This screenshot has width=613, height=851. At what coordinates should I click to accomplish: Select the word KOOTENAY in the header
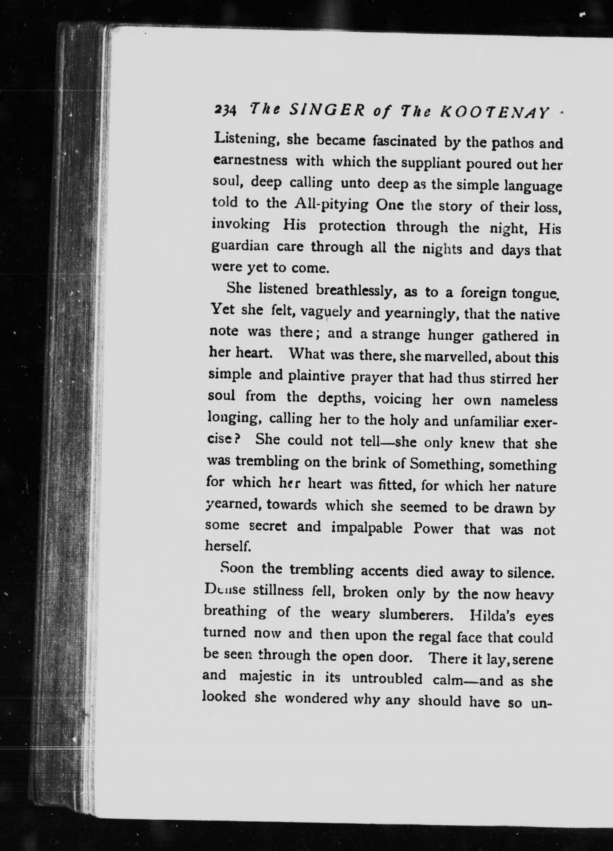click(497, 112)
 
